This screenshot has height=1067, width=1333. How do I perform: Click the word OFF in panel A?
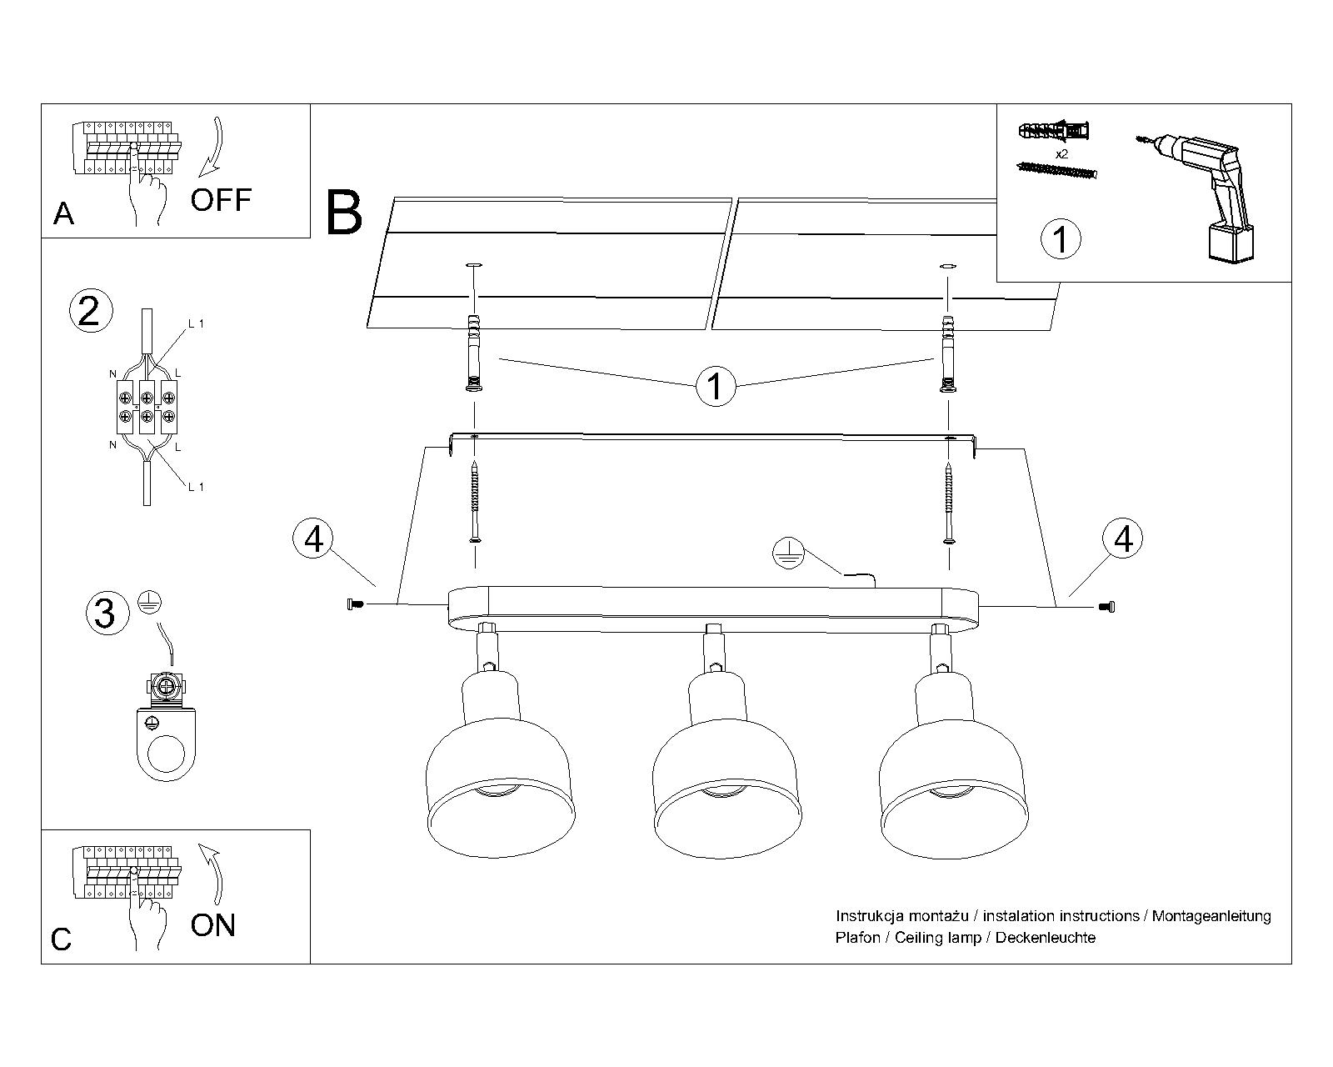(221, 200)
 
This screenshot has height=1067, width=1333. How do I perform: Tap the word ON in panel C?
(213, 925)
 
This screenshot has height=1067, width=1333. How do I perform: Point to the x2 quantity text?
(1061, 155)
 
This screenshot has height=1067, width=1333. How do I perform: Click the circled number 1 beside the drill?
(1061, 239)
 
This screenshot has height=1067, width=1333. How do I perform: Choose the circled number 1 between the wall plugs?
(715, 387)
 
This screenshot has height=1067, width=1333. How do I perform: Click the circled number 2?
(88, 311)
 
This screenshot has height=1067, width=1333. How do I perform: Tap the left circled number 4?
(313, 539)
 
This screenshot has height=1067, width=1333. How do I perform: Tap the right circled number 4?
(1123, 539)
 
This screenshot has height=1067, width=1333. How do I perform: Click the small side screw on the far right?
(1106, 605)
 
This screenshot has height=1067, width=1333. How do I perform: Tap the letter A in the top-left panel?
(63, 214)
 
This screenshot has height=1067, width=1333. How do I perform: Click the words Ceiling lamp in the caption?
(935, 938)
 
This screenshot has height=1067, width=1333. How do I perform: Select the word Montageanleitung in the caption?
(1211, 916)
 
